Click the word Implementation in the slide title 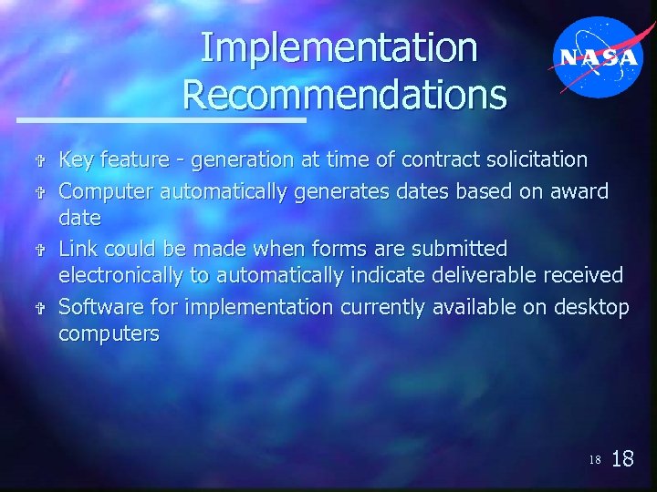click(339, 48)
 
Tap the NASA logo click(599, 56)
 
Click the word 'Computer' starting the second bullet click(106, 191)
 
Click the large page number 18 click(621, 458)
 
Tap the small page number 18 click(594, 460)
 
